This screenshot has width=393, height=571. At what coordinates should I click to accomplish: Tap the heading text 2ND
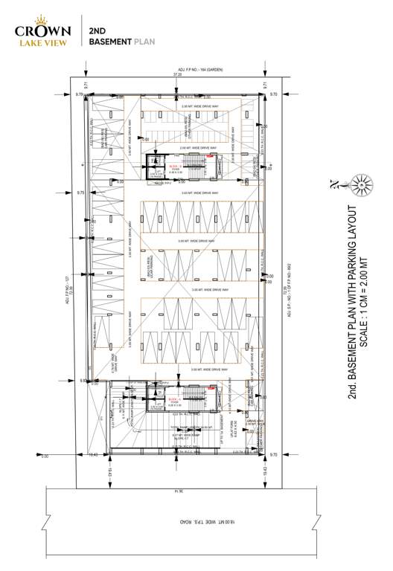[x=96, y=32]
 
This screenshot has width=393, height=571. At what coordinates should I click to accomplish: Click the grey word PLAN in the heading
[x=143, y=42]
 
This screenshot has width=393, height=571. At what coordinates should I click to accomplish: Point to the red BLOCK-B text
[x=173, y=167]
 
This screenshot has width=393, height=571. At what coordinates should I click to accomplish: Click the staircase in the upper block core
[x=198, y=161]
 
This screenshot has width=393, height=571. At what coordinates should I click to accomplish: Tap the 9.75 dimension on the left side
[x=81, y=192]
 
